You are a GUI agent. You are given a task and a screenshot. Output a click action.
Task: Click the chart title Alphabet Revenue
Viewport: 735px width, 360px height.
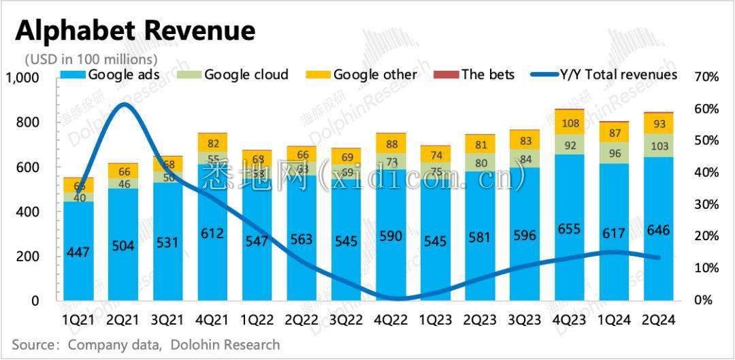coord(135,31)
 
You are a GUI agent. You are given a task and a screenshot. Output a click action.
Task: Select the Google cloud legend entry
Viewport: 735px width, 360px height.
coord(246,74)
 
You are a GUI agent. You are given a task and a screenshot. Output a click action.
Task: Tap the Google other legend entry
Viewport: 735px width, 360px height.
coord(374,74)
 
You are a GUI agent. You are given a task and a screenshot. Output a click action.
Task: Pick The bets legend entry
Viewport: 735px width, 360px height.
coord(487,74)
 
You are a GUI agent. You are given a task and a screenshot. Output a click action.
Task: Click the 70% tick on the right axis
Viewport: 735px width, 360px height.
coord(706,77)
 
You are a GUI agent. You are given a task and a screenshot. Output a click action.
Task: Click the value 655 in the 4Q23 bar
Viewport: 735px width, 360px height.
coord(569,229)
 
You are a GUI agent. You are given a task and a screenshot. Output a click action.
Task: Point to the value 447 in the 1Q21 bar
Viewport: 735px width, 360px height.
coord(78,253)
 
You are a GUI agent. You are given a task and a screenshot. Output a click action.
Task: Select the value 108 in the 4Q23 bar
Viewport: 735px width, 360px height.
coord(569,123)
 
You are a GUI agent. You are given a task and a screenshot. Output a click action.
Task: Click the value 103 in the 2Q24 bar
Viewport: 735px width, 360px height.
coord(659,146)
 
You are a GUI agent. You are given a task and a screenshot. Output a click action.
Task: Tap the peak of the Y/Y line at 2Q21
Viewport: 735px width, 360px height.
coord(122,104)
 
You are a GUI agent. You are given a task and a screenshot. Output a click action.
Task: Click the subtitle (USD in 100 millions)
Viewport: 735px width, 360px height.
coord(91,59)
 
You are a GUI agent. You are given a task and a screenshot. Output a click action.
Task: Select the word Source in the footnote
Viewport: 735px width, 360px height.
coord(33,345)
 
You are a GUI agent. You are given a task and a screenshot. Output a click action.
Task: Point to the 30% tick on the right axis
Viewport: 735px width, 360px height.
coord(706,204)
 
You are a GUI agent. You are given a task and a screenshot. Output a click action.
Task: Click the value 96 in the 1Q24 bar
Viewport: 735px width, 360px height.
coord(614,154)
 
